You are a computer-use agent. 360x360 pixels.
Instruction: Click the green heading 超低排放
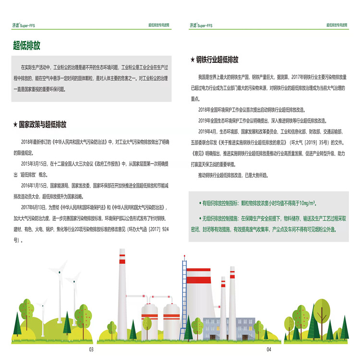click(27, 46)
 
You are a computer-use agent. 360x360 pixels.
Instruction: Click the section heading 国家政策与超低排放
click(42, 124)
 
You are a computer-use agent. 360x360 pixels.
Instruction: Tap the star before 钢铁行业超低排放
click(193, 60)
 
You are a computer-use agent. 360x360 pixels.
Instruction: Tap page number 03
click(91, 349)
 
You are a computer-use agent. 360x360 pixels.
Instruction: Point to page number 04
click(269, 349)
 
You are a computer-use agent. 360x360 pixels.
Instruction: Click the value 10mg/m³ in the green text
click(305, 203)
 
